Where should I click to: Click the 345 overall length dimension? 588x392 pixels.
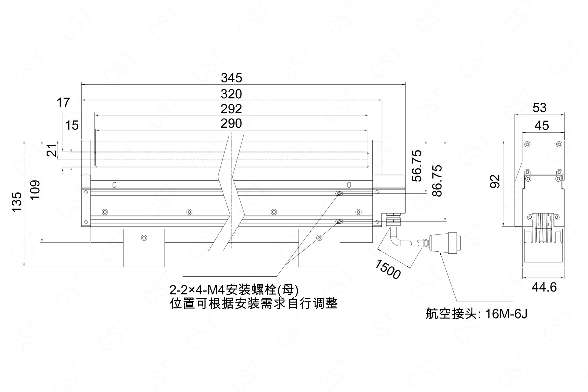point(231,78)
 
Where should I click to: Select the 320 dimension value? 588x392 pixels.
point(231,94)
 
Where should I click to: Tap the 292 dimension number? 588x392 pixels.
point(231,109)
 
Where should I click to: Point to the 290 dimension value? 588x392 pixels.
point(231,123)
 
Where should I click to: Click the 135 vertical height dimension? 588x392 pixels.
point(18,201)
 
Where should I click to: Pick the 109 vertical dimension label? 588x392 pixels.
point(36,191)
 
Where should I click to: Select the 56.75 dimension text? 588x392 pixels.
point(417,166)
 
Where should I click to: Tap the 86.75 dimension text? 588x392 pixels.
point(437,181)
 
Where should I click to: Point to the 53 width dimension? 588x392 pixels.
point(539,108)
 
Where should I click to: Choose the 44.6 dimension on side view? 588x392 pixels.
point(544,287)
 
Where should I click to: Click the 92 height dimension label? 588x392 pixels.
point(495,181)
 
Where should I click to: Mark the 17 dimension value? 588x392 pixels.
point(63,102)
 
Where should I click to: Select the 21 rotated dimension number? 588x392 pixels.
point(52,150)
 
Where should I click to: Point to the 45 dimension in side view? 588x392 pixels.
point(542,125)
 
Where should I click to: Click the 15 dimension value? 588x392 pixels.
point(72,125)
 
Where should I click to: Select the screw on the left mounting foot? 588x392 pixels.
point(144,238)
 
